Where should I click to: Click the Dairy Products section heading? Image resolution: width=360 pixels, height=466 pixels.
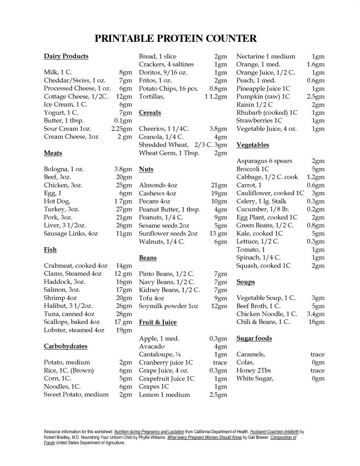click(x=66, y=56)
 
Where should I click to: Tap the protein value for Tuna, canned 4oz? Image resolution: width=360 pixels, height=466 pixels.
click(x=124, y=314)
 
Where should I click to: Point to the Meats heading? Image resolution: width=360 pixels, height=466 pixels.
click(x=53, y=153)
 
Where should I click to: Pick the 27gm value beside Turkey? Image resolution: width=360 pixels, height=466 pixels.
click(x=124, y=209)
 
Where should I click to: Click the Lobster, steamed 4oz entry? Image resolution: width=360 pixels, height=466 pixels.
click(x=74, y=330)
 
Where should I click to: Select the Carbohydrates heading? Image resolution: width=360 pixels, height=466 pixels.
click(x=66, y=346)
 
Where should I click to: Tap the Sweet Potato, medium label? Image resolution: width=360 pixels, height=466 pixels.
click(x=76, y=395)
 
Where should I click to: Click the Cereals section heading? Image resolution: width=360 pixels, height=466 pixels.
click(x=150, y=112)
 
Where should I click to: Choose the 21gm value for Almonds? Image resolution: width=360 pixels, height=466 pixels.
click(x=219, y=185)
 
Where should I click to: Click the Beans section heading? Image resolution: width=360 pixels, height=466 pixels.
click(x=147, y=258)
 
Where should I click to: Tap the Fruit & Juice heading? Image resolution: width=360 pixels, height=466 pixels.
click(x=158, y=322)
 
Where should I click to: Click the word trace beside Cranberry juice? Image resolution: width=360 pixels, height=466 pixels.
click(x=220, y=363)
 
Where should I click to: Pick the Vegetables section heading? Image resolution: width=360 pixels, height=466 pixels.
click(x=253, y=145)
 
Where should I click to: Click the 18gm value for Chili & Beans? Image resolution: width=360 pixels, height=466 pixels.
click(x=316, y=322)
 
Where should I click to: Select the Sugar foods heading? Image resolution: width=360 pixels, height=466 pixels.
click(x=254, y=339)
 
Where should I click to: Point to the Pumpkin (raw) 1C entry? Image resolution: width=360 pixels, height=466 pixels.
click(x=263, y=96)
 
